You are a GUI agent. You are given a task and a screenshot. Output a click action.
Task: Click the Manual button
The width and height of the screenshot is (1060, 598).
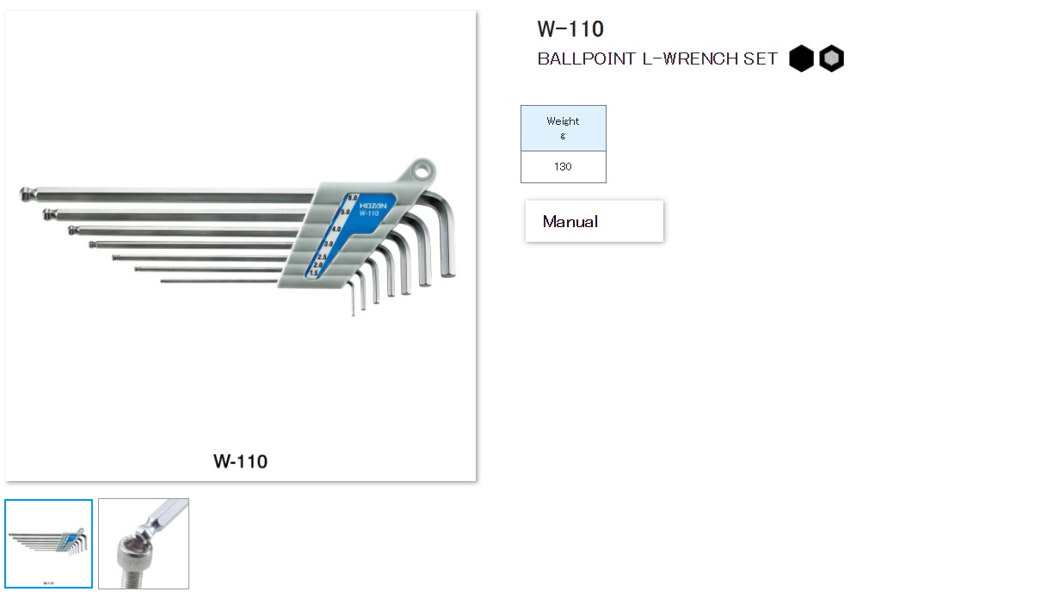tap(594, 221)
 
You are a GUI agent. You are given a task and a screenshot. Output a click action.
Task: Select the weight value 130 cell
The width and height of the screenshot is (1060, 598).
tap(563, 167)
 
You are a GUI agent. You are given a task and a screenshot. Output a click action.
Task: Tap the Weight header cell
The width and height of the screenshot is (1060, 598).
tap(563, 128)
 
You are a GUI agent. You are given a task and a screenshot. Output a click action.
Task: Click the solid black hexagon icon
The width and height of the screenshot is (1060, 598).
tap(801, 59)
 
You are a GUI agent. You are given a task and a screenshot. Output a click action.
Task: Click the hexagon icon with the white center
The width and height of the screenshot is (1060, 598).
tap(831, 59)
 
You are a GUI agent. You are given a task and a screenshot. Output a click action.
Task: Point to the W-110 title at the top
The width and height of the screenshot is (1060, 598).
tap(570, 29)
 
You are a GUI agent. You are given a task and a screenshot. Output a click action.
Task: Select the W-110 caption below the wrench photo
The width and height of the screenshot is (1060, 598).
tap(240, 461)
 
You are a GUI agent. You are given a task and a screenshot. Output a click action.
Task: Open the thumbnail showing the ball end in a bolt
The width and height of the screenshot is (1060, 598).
tap(144, 544)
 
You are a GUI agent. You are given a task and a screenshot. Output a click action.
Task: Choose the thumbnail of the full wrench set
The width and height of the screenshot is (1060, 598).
tap(48, 544)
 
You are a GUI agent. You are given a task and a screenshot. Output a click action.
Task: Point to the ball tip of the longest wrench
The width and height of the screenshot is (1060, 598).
tap(25, 194)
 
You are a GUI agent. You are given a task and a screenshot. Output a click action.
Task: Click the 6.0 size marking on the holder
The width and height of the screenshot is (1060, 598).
tap(353, 199)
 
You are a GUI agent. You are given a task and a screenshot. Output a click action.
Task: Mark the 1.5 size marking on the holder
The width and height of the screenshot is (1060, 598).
tap(314, 273)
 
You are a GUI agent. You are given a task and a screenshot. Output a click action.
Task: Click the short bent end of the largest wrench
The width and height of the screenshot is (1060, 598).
tap(447, 258)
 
